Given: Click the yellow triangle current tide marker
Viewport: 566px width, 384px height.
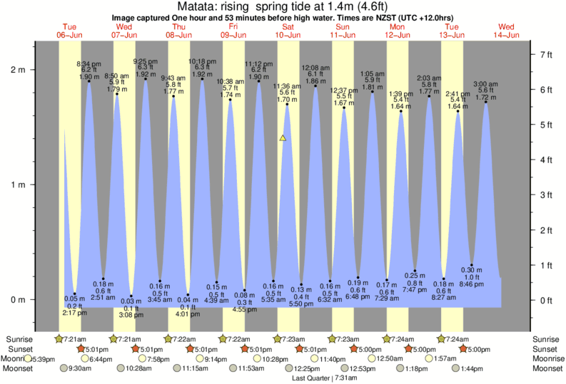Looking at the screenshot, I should (283, 137).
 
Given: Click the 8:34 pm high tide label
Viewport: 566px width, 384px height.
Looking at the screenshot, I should (89, 63).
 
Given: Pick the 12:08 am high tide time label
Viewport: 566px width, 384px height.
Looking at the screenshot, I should (315, 68).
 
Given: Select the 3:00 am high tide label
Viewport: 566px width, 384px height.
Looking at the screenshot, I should (486, 83).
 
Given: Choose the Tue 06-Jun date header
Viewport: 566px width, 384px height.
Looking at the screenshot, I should (70, 30).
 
